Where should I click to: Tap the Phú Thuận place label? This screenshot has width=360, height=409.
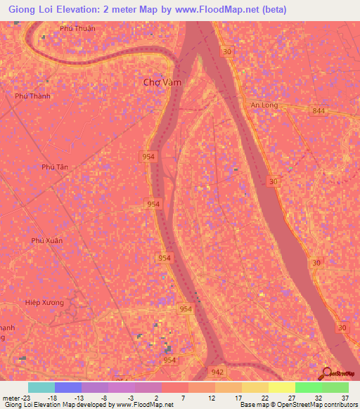77,29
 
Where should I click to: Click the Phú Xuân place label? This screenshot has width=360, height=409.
47,240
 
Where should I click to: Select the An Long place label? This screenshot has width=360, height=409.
264,105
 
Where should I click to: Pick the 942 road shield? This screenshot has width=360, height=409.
219,372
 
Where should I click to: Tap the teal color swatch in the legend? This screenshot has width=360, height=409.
41,387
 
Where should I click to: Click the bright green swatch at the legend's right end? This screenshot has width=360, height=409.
335,387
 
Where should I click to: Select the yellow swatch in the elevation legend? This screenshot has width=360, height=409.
281,387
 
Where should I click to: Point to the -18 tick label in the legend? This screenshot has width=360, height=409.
52,398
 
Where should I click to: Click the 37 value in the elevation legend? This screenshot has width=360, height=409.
345,398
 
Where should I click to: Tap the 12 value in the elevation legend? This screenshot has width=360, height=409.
212,398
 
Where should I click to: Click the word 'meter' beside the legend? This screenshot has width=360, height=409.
11,398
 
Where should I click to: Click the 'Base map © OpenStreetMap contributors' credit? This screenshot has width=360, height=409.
297,405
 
